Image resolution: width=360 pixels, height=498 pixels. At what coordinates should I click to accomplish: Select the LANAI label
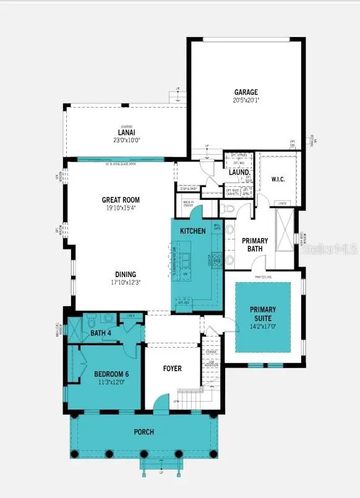point(126,132)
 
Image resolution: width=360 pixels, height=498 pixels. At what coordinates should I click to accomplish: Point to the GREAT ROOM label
point(121,200)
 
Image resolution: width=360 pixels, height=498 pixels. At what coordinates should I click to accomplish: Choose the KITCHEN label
point(192,231)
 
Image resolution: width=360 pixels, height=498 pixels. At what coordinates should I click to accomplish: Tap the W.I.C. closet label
point(278,180)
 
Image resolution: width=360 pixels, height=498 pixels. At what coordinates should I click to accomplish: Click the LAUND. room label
point(238,173)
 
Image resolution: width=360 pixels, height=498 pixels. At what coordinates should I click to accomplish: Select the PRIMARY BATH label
point(254,244)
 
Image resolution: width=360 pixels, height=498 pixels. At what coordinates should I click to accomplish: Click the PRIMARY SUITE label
point(263,313)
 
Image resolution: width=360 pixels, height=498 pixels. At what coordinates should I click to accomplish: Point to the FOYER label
point(173,369)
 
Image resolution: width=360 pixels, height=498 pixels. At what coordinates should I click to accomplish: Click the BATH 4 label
point(100,333)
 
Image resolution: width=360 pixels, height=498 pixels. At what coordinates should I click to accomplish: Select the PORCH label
point(144,431)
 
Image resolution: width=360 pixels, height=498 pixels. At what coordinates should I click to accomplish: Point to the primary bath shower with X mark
point(286,229)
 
